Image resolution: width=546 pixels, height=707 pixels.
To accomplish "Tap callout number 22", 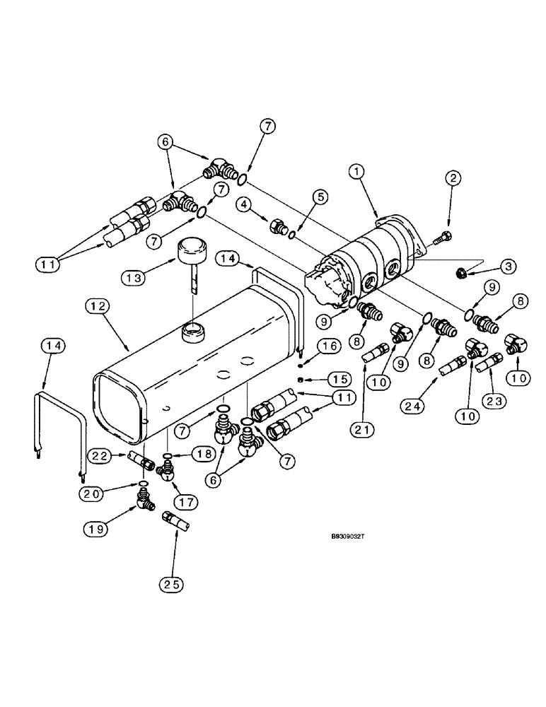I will (x=101, y=457).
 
